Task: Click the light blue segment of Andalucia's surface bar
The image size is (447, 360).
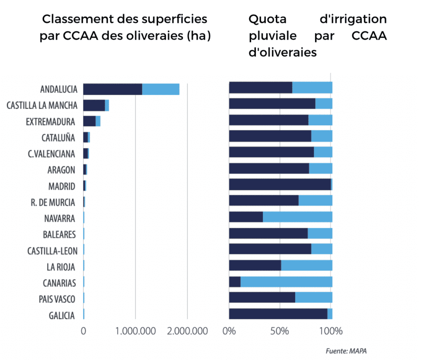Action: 161,89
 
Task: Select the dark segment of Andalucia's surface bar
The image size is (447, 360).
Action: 113,89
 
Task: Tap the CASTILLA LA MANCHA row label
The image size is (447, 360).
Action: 42,105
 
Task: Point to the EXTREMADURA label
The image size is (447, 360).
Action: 50,121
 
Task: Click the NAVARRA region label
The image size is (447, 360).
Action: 59,218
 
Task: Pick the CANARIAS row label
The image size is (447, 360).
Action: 59,283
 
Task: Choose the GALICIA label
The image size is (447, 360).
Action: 62,315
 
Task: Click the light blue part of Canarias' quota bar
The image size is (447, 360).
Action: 286,282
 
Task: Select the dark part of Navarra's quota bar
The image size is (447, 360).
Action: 246,217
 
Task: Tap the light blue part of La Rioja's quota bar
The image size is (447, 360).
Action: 306,266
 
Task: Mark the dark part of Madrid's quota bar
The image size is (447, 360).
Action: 279,185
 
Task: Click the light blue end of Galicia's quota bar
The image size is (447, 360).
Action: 330,314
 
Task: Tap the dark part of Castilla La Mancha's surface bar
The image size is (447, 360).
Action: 94,105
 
